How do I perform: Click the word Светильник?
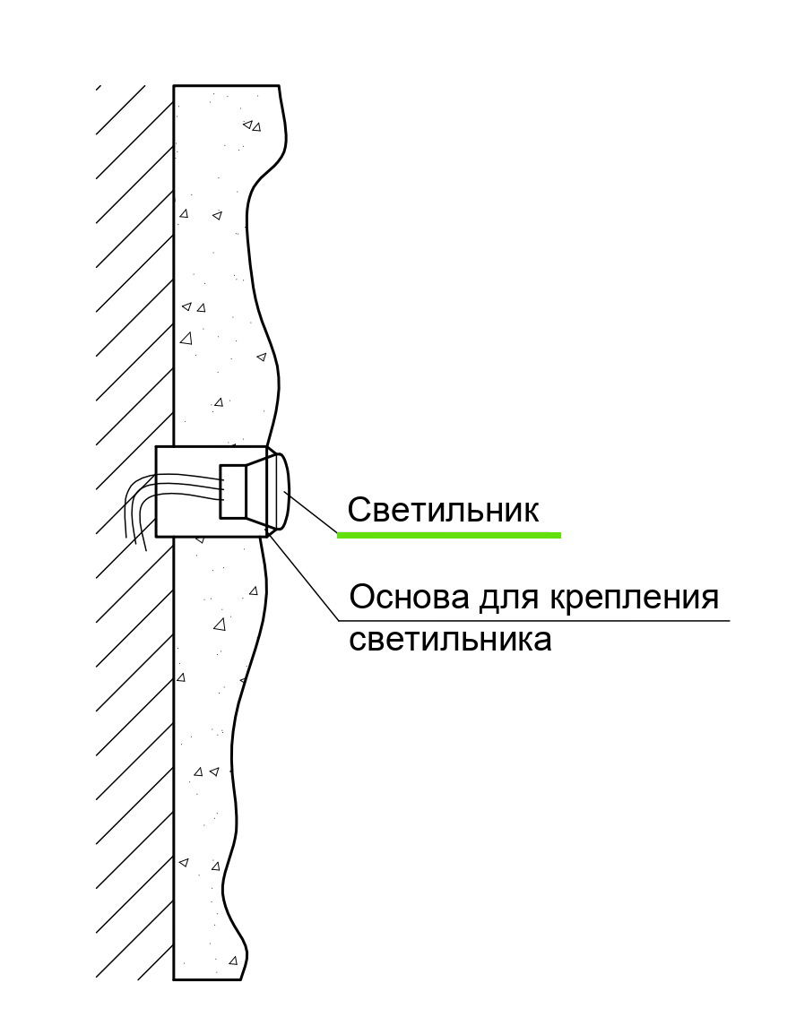[x=443, y=511]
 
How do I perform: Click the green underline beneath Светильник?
[x=448, y=535]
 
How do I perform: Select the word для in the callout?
[x=506, y=597]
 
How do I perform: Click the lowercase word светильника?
[x=449, y=641]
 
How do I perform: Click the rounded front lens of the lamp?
[x=281, y=491]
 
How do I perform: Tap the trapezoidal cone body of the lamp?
[x=258, y=491]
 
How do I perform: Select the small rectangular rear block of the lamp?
[x=233, y=491]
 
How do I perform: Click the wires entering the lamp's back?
[x=193, y=487]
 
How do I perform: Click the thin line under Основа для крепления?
[x=538, y=620]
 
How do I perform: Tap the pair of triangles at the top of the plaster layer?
[x=252, y=125]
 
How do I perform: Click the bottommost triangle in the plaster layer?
[x=233, y=961]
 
